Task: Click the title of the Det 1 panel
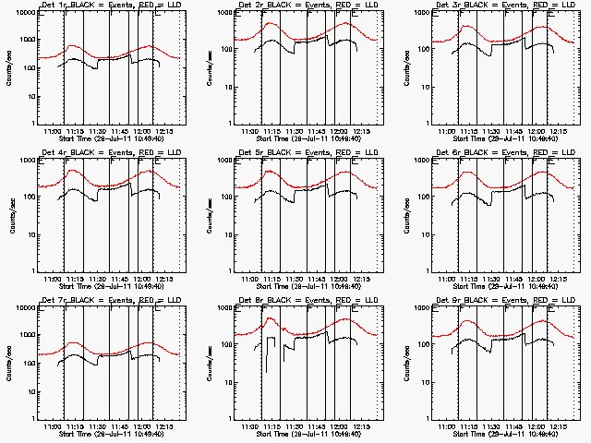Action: tap(103, 6)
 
